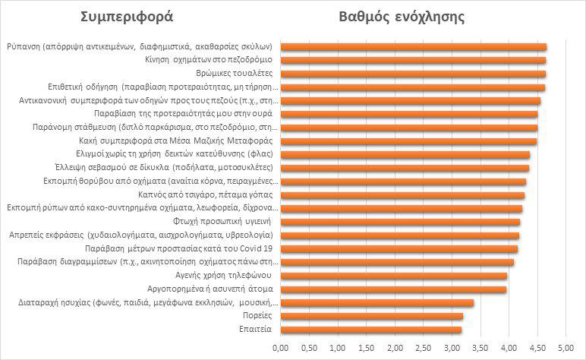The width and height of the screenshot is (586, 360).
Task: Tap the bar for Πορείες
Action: [371, 316]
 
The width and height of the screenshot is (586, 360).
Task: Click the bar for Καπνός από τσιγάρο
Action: [402, 195]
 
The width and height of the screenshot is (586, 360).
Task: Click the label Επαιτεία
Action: [258, 330]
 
